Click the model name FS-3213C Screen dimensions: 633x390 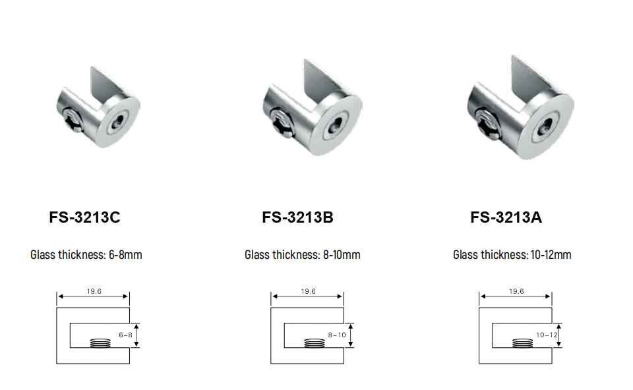pyautogui.click(x=85, y=217)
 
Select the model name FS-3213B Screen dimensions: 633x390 pyautogui.click(x=297, y=217)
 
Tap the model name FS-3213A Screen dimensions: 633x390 pyautogui.click(x=506, y=217)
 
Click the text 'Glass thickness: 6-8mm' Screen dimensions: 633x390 pyautogui.click(x=86, y=255)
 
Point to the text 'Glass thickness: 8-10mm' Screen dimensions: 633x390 pyautogui.click(x=303, y=255)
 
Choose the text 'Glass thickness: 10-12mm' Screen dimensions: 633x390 pyautogui.click(x=512, y=255)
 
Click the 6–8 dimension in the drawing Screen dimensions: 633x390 pyautogui.click(x=125, y=335)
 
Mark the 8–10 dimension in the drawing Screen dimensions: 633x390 pyautogui.click(x=337, y=335)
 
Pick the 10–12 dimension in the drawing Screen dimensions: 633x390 pyautogui.click(x=547, y=335)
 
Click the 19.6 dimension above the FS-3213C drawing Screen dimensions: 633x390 pyautogui.click(x=94, y=291)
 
